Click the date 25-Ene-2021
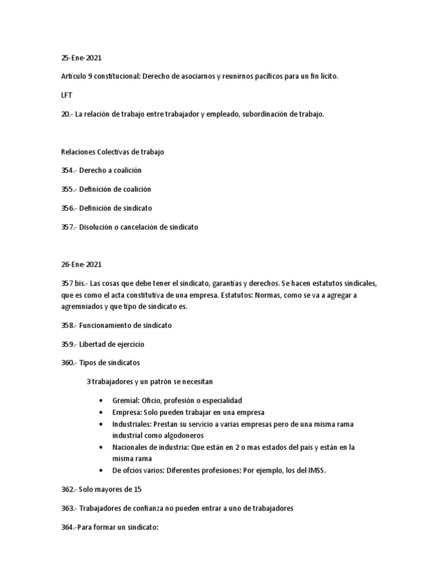pyautogui.click(x=80, y=58)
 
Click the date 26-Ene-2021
pyautogui.click(x=80, y=265)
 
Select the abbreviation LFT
pyautogui.click(x=66, y=96)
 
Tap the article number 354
pyautogui.click(x=67, y=171)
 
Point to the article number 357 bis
pyautogui.click(x=73, y=284)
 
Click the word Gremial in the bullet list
pyautogui.click(x=126, y=400)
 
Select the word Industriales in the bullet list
pyautogui.click(x=132, y=424)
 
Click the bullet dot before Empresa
pyautogui.click(x=101, y=412)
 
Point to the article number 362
pyautogui.click(x=67, y=489)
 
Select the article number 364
pyautogui.click(x=67, y=527)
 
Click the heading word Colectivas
pyautogui.click(x=115, y=152)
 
